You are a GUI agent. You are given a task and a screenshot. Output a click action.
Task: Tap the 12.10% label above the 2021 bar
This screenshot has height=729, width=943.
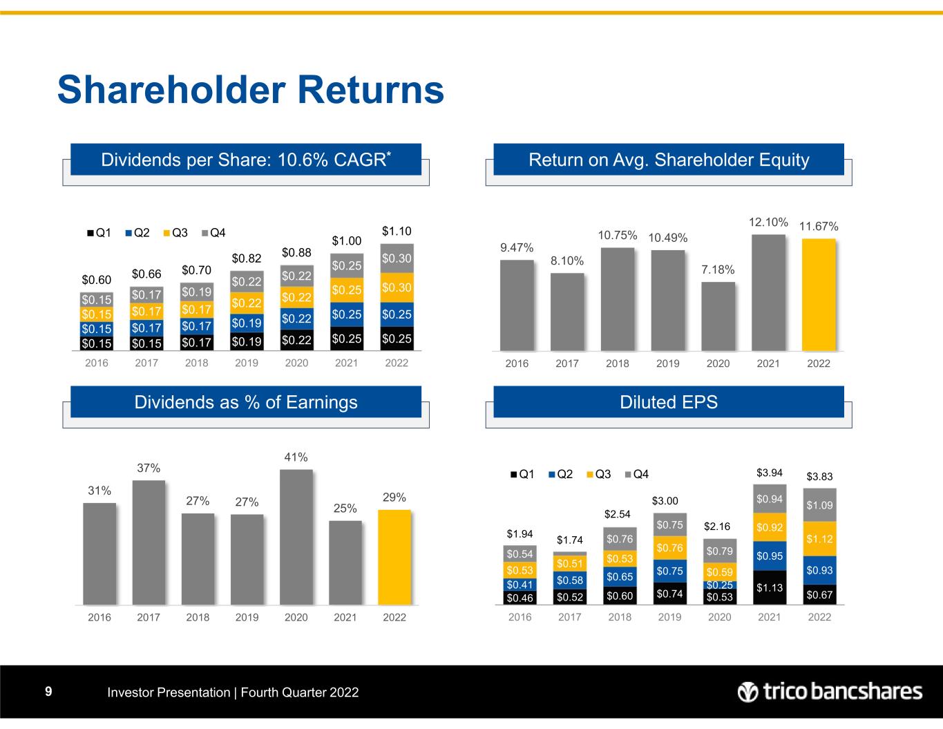[x=769, y=222]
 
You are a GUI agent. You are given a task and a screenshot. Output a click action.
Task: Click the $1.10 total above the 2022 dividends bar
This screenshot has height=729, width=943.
[x=397, y=230]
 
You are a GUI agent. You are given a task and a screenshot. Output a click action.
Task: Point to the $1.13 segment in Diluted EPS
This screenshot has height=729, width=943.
[x=769, y=588]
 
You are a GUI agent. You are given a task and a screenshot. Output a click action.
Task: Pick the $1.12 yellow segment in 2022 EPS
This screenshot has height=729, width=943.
[x=819, y=539]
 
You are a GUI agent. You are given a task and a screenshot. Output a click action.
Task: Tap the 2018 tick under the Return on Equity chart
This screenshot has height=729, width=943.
[x=618, y=363]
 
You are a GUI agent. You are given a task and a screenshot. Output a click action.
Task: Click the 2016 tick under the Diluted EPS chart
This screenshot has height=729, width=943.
[x=520, y=617]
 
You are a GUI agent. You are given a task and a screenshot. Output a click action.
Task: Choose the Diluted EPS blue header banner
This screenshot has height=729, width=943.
[x=668, y=402]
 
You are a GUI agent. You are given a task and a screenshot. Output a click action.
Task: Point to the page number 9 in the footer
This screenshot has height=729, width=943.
[x=48, y=692]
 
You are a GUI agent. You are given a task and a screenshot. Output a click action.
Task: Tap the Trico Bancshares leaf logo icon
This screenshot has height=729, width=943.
[x=747, y=692]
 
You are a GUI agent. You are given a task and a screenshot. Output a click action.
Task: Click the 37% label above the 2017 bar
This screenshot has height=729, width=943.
[x=149, y=468]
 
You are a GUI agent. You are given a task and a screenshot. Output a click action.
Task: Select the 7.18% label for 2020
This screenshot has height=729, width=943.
[x=718, y=269]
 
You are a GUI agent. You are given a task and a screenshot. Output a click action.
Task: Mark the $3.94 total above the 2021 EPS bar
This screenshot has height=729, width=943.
[x=769, y=473]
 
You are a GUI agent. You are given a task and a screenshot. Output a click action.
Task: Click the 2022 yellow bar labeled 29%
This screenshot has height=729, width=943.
[x=394, y=557]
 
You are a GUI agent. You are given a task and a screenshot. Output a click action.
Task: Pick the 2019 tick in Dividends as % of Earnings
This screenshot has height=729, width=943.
[x=247, y=617]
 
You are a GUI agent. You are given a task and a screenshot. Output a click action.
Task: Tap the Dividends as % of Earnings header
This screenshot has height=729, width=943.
[x=246, y=402]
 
